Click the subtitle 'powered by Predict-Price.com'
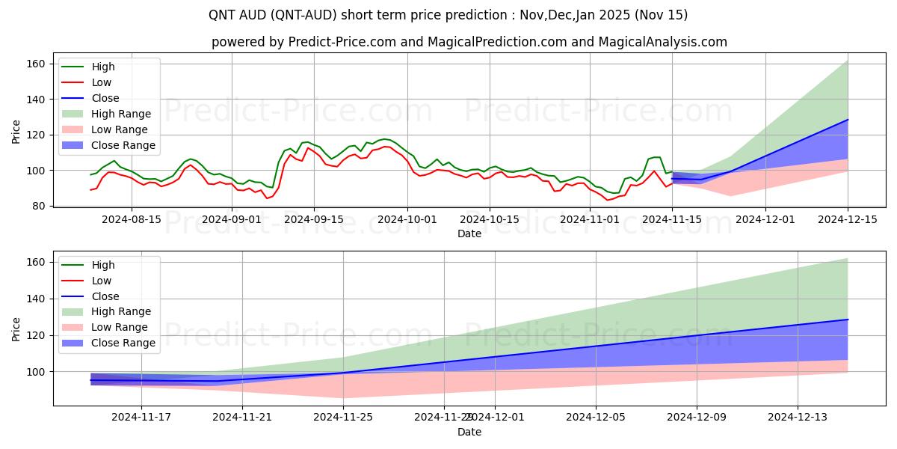[469, 42]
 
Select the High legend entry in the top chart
[102, 67]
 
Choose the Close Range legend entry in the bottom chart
[123, 343]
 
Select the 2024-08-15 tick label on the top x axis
[132, 219]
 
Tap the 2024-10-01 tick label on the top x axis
[407, 219]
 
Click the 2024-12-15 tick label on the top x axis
[848, 219]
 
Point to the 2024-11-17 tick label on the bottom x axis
[142, 418]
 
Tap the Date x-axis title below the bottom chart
[469, 432]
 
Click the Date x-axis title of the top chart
[469, 233]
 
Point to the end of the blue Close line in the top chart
[848, 120]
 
